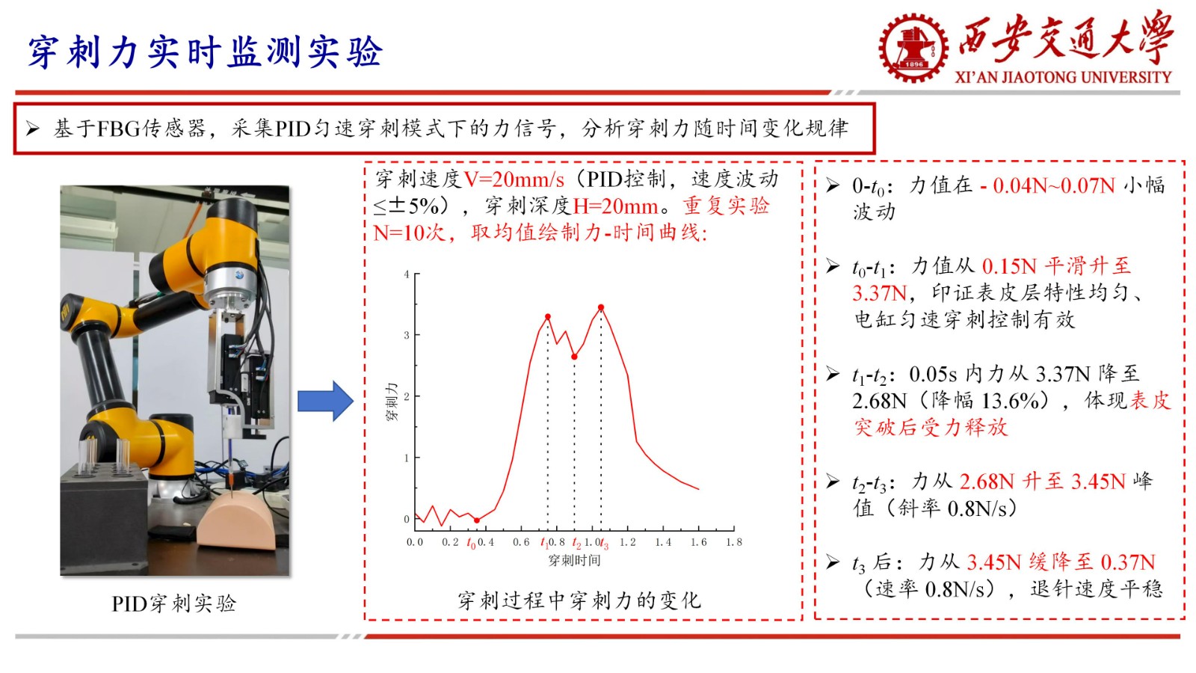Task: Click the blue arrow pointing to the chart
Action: click(325, 401)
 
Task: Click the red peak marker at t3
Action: click(601, 307)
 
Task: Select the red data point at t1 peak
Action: click(548, 317)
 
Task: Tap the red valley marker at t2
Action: click(575, 357)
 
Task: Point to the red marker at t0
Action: click(477, 520)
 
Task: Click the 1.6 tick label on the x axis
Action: click(698, 542)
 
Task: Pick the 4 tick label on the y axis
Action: click(407, 274)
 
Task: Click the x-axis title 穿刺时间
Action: click(575, 560)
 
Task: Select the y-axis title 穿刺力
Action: click(392, 401)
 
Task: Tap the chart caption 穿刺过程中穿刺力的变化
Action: click(579, 600)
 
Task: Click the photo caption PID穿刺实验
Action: click(174, 603)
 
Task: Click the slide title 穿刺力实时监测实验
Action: click(206, 52)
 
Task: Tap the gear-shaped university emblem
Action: click(914, 48)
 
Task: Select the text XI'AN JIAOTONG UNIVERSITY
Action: click(1063, 78)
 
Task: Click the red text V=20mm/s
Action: click(514, 179)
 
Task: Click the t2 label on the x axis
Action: click(576, 543)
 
